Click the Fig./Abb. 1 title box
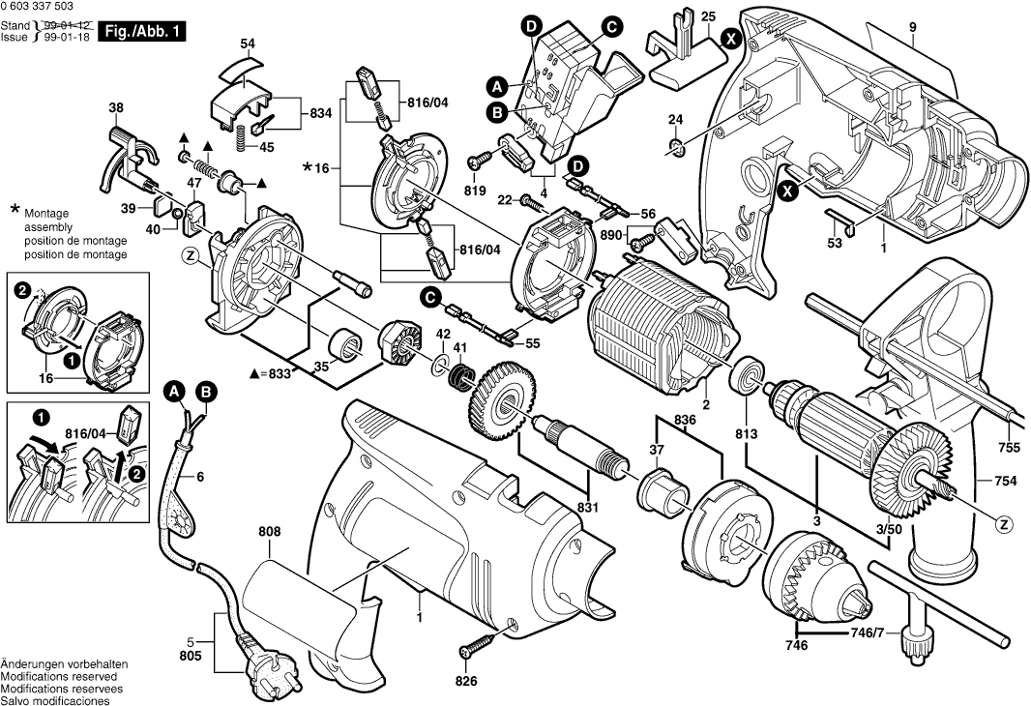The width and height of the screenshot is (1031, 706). pyautogui.click(x=143, y=32)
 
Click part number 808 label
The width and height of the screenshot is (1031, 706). pyautogui.click(x=269, y=531)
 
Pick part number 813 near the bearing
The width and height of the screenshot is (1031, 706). pyautogui.click(x=746, y=433)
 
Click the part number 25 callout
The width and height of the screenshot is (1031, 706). pyautogui.click(x=709, y=17)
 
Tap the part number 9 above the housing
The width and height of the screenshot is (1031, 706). pyautogui.click(x=912, y=28)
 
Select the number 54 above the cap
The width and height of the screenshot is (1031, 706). pyautogui.click(x=248, y=44)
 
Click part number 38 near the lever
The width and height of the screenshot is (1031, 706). pyautogui.click(x=116, y=107)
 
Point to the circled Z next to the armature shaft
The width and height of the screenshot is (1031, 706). pyautogui.click(x=1006, y=524)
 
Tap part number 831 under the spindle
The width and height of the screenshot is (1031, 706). pyautogui.click(x=588, y=507)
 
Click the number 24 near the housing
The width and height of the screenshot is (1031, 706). pyautogui.click(x=675, y=119)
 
